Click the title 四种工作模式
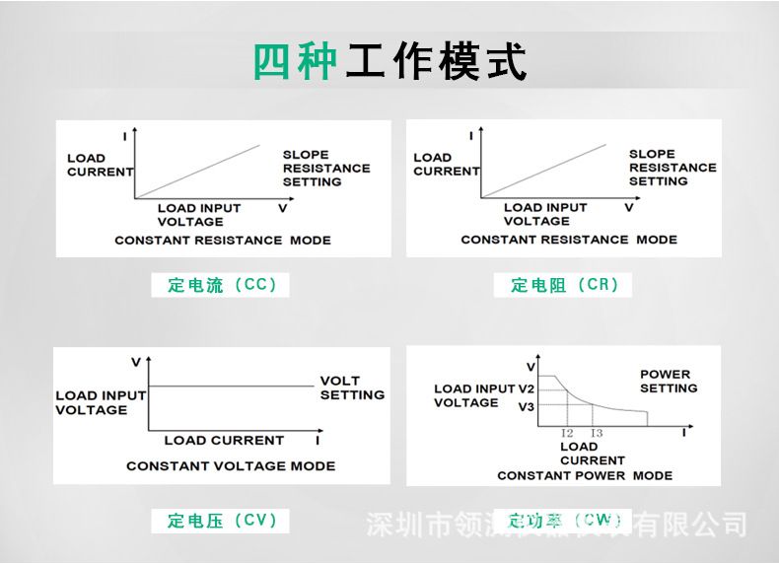389,62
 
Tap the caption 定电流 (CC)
222,285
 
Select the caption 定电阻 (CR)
565,285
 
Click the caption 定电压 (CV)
222,520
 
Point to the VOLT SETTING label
352,388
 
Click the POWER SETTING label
668,381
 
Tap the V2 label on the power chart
526,388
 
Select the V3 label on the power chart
526,406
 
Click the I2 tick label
567,433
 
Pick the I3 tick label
597,433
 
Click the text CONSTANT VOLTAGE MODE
231,465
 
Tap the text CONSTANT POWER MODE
585,475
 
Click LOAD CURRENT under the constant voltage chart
224,440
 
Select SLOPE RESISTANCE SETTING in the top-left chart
326,168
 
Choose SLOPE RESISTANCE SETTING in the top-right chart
673,167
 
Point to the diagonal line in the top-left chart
197,172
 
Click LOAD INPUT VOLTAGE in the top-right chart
545,214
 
